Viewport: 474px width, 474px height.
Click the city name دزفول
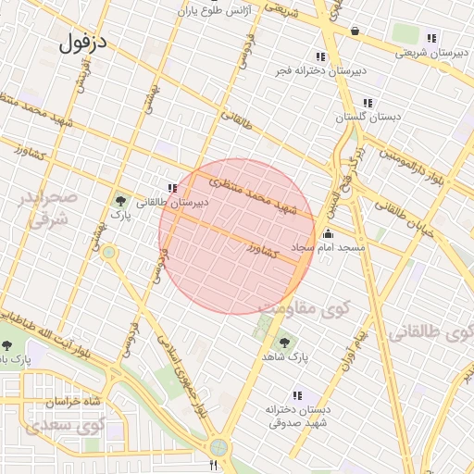click(x=83, y=43)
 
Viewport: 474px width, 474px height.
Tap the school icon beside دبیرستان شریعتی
click(x=431, y=38)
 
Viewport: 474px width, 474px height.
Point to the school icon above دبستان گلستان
click(x=368, y=103)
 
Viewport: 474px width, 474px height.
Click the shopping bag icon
click(x=355, y=31)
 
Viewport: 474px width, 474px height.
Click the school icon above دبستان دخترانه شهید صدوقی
click(x=296, y=395)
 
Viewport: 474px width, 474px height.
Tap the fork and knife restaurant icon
click(x=214, y=465)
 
